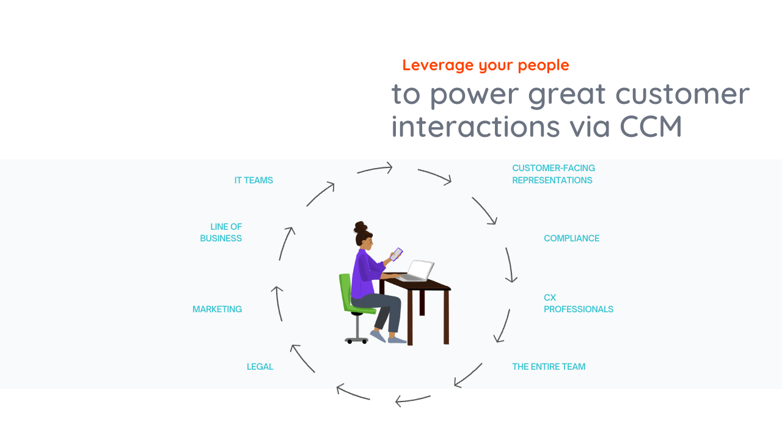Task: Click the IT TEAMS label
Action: pyautogui.click(x=254, y=180)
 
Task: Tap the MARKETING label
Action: pyautogui.click(x=217, y=309)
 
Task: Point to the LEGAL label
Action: pyautogui.click(x=260, y=367)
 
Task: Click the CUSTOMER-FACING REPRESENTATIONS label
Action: pyautogui.click(x=553, y=174)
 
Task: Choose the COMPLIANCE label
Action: pyautogui.click(x=571, y=238)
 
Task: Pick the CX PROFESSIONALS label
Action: pyautogui.click(x=578, y=304)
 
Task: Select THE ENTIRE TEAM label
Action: pyautogui.click(x=549, y=367)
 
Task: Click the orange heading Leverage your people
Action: pyautogui.click(x=486, y=65)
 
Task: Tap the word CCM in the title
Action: pyautogui.click(x=650, y=126)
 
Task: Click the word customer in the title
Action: pyautogui.click(x=682, y=94)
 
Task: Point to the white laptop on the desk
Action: pyautogui.click(x=418, y=270)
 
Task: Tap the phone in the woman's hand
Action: pyautogui.click(x=396, y=253)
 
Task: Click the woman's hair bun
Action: pyautogui.click(x=360, y=227)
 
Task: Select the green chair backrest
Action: pyautogui.click(x=345, y=290)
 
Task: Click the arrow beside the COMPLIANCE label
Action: pyautogui.click(x=510, y=265)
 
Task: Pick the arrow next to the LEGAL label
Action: pyautogui.click(x=302, y=358)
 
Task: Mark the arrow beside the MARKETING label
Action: pyautogui.click(x=278, y=303)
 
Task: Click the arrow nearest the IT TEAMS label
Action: pyautogui.click(x=320, y=194)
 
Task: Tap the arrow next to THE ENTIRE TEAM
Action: pyautogui.click(x=468, y=375)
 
